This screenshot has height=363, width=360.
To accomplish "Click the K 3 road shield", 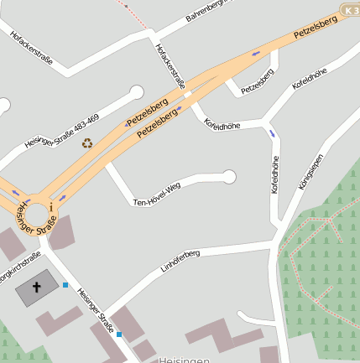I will (351, 9).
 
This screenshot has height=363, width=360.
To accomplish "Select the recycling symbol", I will (87, 143).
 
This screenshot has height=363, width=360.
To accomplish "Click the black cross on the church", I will (37, 288).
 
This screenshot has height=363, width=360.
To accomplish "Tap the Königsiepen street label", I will (310, 173).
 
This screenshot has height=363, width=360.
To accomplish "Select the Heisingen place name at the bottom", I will (183, 359).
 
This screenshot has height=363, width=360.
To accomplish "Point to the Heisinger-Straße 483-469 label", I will (61, 131).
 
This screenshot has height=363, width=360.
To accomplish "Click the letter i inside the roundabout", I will (51, 205).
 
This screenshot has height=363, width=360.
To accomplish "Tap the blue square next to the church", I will (65, 285).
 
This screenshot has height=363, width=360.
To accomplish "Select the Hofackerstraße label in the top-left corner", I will (32, 48).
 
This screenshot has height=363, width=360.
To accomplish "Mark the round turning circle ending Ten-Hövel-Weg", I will (229, 176).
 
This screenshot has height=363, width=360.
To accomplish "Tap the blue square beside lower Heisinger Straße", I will (119, 334).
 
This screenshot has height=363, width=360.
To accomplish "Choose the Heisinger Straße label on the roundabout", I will (37, 217).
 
